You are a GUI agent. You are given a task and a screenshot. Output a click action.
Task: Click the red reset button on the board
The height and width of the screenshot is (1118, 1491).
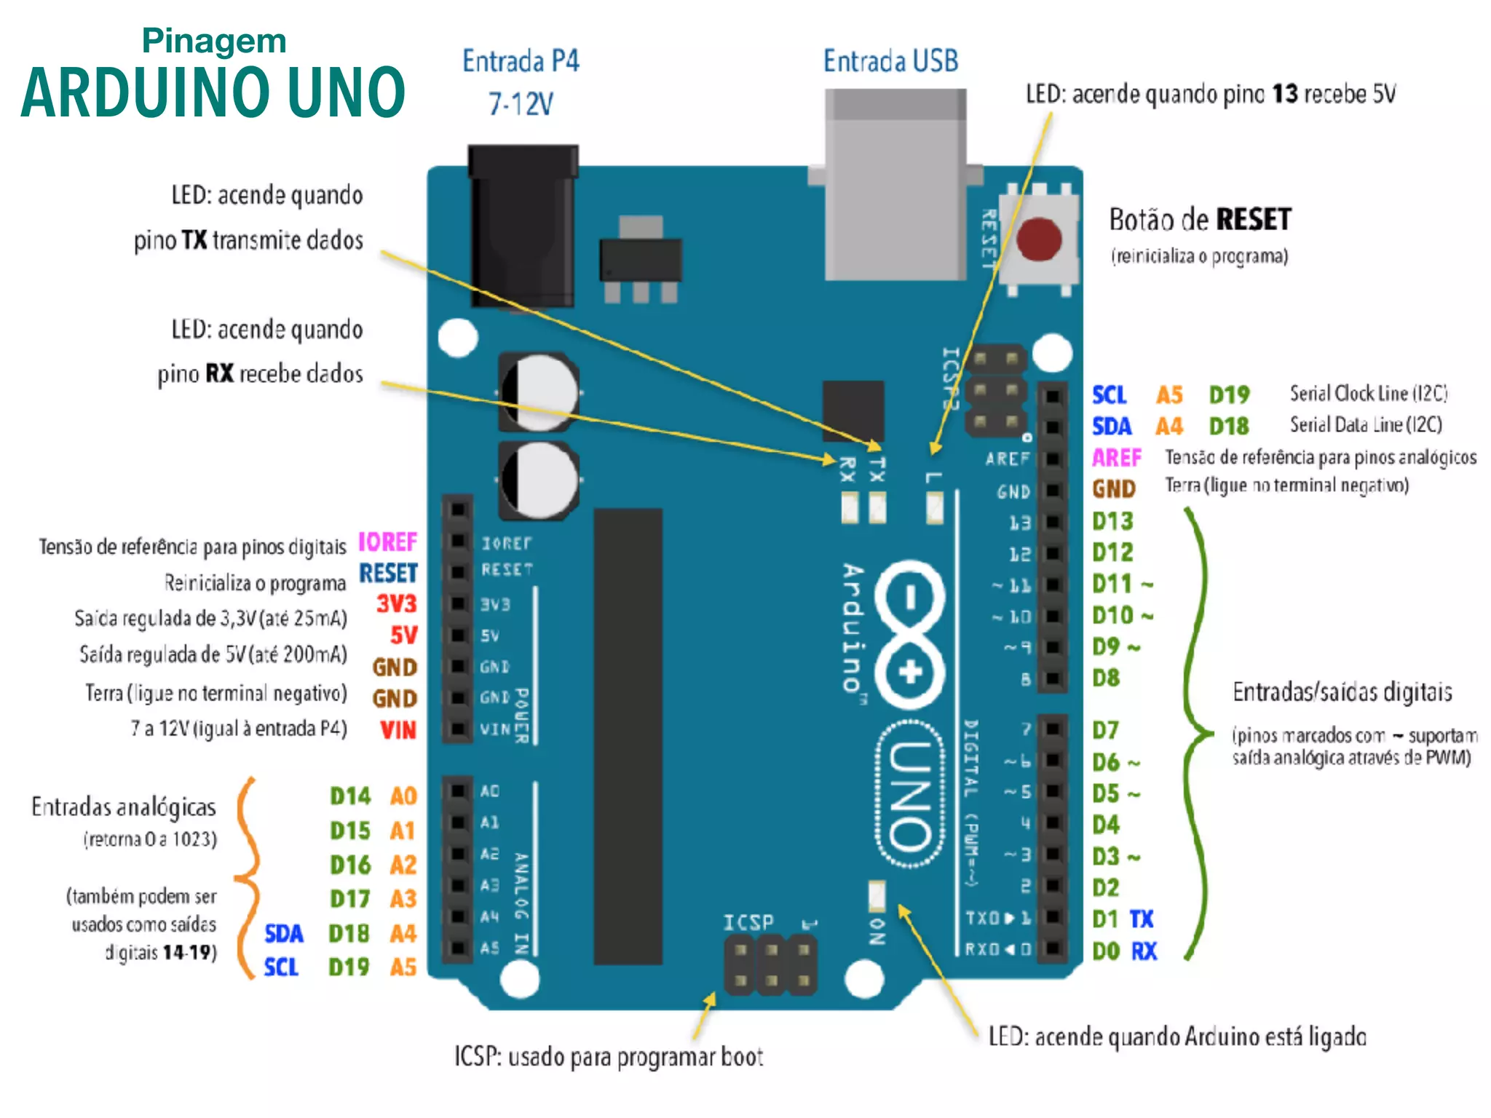point(1039,239)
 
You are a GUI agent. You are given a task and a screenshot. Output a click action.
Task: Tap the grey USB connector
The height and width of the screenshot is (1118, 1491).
point(895,186)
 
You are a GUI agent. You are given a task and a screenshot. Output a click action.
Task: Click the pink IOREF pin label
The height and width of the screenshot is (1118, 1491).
point(387,542)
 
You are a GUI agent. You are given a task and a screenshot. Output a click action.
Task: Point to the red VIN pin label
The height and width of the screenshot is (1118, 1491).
point(398,729)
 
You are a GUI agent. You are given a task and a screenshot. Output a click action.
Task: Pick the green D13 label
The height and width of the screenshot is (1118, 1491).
point(1112,521)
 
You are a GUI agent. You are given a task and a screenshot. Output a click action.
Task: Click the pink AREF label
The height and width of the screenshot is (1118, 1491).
point(1116,457)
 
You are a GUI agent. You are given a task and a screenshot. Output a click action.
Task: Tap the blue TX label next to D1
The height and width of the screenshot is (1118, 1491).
point(1142,919)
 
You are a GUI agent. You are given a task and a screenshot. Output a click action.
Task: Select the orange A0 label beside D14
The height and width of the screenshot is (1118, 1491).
point(403,796)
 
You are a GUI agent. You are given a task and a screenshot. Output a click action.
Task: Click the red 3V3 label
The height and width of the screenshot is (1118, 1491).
point(396,603)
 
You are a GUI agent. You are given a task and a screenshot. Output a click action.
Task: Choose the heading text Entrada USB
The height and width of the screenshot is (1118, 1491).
point(890,61)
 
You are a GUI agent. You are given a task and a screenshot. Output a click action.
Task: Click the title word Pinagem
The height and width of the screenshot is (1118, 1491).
point(214,41)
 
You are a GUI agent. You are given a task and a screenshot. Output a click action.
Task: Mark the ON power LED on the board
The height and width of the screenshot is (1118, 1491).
point(877,895)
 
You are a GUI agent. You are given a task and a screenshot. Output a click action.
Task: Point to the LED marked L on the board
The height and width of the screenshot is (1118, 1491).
point(935,507)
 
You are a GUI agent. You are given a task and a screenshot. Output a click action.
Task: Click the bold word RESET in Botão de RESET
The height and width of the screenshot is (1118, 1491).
point(1253,220)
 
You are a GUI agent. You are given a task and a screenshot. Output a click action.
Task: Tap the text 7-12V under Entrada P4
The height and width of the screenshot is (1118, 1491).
point(521,104)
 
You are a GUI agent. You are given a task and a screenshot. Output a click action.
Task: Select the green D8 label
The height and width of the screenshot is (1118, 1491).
point(1106,678)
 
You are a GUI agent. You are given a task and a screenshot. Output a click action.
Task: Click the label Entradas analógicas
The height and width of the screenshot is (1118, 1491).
point(124,806)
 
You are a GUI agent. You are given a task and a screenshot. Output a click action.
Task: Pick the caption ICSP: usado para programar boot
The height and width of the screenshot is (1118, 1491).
point(609,1056)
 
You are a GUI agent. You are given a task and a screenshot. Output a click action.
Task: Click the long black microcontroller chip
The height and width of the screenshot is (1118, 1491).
point(628,735)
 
